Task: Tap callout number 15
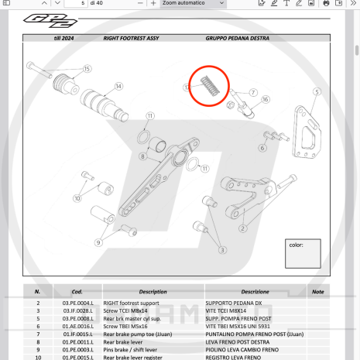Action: (x=87, y=69)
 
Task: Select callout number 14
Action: (x=118, y=86)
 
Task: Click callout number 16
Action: (x=265, y=100)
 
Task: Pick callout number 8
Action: (x=142, y=156)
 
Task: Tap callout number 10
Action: (x=77, y=198)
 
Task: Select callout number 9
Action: (x=98, y=243)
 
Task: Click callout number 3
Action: (x=222, y=250)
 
